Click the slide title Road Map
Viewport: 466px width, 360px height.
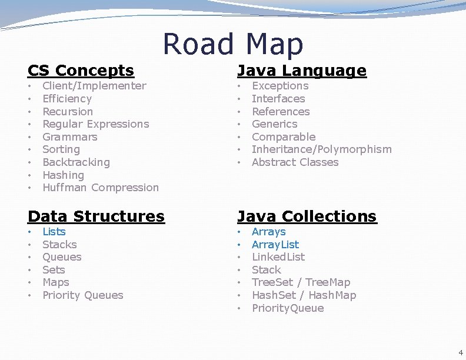[x=232, y=44]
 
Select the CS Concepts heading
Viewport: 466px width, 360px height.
[x=81, y=71]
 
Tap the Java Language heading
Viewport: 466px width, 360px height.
[x=301, y=71]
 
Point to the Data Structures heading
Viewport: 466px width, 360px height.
[x=96, y=216]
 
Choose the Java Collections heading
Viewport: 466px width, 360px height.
[x=307, y=216]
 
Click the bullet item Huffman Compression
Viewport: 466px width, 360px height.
[x=101, y=188]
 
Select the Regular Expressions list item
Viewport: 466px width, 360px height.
[x=96, y=124]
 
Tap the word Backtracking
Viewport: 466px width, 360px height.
[x=76, y=162]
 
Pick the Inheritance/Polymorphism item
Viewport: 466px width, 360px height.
[x=321, y=149]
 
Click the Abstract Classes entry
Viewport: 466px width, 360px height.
[x=295, y=162]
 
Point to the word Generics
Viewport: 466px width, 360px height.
[x=274, y=124]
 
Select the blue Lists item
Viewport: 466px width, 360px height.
[x=54, y=232]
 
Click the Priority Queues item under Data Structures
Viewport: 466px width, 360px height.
[x=83, y=295]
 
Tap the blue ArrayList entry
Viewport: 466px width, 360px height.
[x=275, y=245]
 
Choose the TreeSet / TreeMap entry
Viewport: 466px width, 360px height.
[x=301, y=283]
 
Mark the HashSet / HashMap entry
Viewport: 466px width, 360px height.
[x=304, y=295]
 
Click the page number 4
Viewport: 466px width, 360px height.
[x=460, y=352]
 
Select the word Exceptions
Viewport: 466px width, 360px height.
[x=280, y=86]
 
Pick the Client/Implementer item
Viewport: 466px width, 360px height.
[x=94, y=86]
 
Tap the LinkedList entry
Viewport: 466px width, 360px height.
[x=278, y=257]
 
